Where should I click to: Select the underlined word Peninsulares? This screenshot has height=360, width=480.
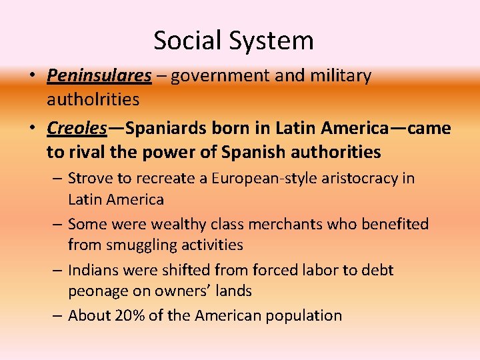tap(99, 76)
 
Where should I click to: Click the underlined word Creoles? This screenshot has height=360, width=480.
tap(77, 127)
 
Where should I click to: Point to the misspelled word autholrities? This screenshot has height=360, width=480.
tap(93, 100)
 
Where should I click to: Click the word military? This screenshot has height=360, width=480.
tap(341, 76)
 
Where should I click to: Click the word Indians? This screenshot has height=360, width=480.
tap(93, 270)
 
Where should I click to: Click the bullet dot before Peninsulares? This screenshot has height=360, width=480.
tap(32, 76)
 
